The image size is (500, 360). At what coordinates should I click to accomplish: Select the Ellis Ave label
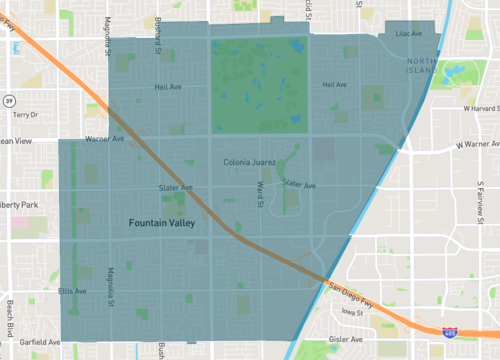[72, 291]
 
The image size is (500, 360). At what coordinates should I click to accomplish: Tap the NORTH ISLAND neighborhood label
[420, 66]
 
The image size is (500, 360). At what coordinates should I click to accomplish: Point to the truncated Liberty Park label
[19, 205]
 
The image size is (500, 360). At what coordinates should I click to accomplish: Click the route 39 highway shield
[8, 100]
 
